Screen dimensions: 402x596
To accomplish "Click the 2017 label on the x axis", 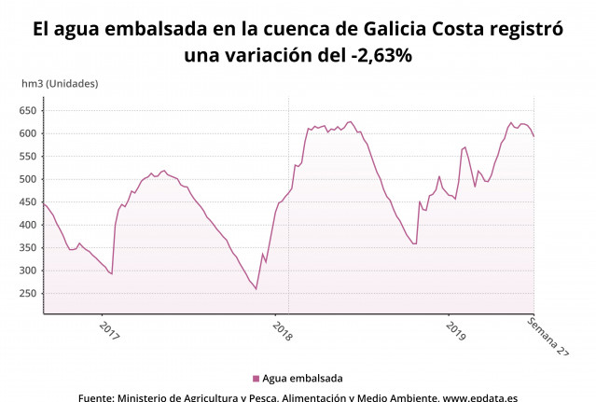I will (109, 331).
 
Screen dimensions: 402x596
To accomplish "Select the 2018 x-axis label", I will (282, 331).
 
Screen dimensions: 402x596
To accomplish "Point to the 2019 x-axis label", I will (455, 331).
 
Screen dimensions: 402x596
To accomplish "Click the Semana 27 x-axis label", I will (547, 337).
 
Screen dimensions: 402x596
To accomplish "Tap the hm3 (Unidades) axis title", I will (60, 83).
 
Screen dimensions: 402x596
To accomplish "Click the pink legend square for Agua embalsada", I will (256, 379).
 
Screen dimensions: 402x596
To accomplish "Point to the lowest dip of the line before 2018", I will (256, 289).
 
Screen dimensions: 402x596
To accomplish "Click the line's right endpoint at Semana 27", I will (534, 137).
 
